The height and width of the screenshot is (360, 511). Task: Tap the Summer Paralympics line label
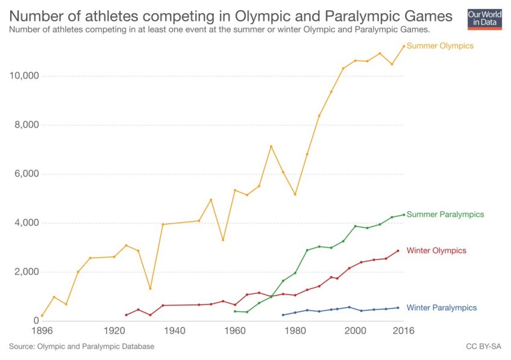pos(445,214)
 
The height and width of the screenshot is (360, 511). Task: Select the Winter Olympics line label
pos(436,250)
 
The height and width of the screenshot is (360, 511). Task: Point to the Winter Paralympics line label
pos(442,308)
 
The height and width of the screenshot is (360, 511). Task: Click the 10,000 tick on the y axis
pos(24,76)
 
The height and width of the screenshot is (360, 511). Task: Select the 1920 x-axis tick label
pos(114,331)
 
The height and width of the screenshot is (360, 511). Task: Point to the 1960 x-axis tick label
pos(235,331)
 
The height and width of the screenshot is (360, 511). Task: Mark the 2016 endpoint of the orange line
pos(404,46)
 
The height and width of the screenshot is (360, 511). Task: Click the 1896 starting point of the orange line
pos(42,315)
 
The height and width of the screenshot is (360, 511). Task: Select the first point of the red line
pos(126,315)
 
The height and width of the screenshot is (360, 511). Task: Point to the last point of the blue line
pos(398,308)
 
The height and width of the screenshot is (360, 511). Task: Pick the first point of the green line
pos(235,311)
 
